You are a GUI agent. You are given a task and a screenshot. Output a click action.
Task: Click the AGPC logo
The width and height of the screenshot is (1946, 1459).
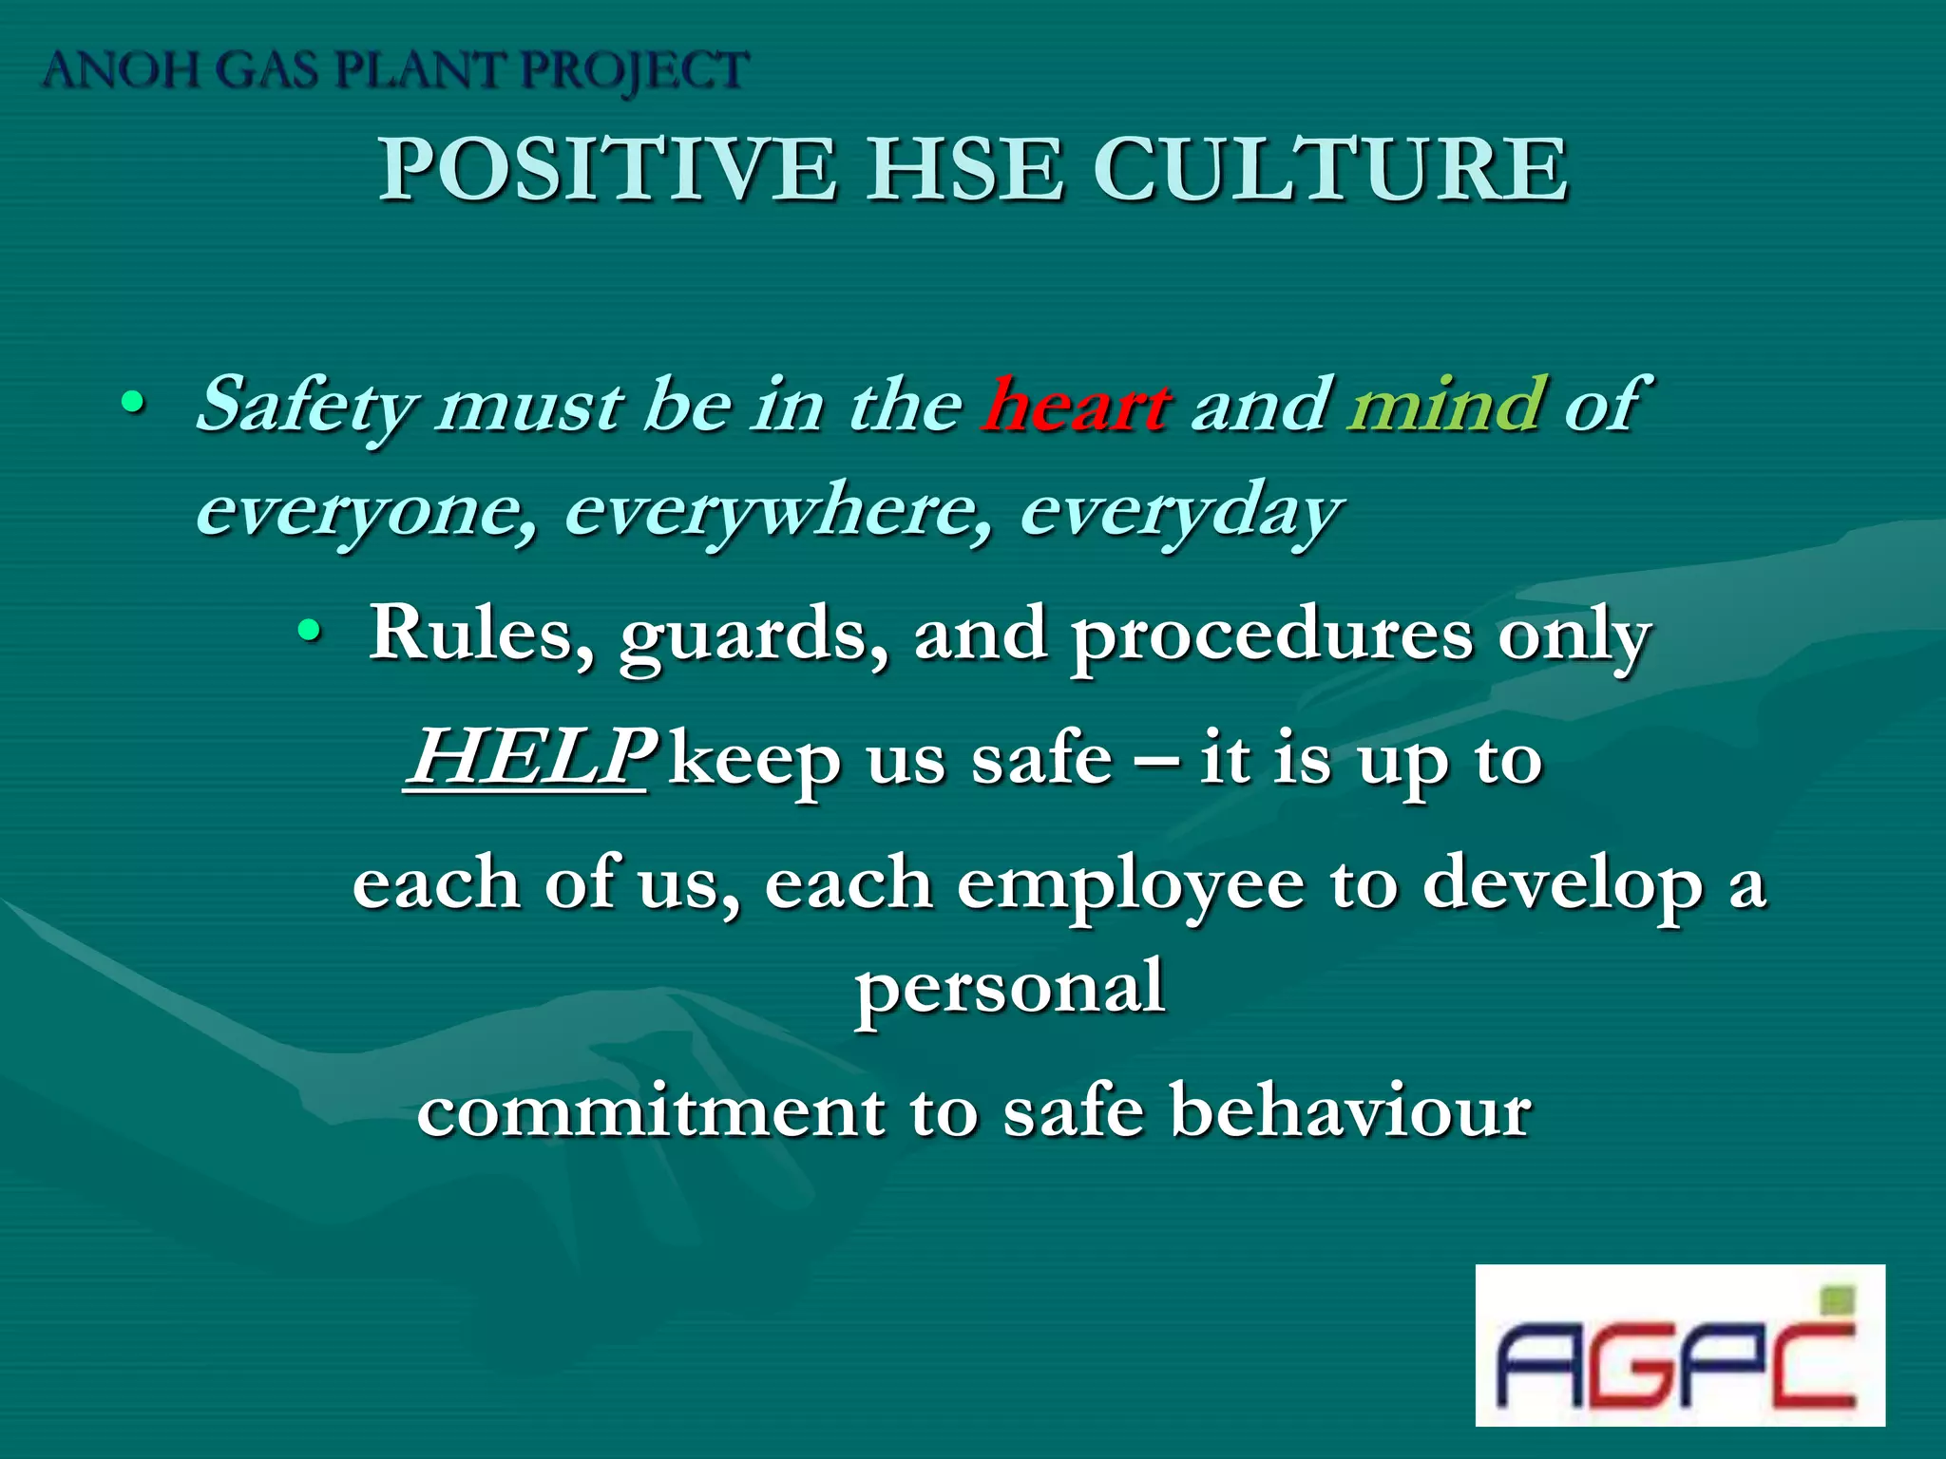point(1679,1345)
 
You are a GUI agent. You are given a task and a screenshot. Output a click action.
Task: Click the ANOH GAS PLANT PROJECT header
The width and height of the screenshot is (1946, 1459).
point(395,71)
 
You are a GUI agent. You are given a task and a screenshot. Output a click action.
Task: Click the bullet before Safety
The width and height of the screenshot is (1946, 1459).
point(133,405)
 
